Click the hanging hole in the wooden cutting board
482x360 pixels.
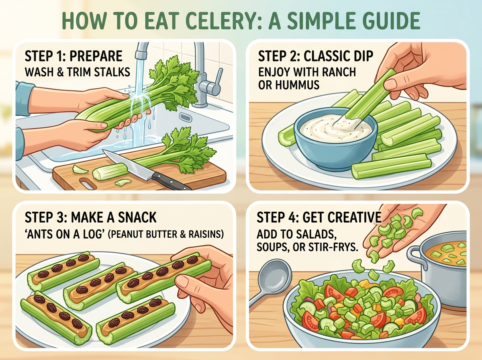point(88,183)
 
